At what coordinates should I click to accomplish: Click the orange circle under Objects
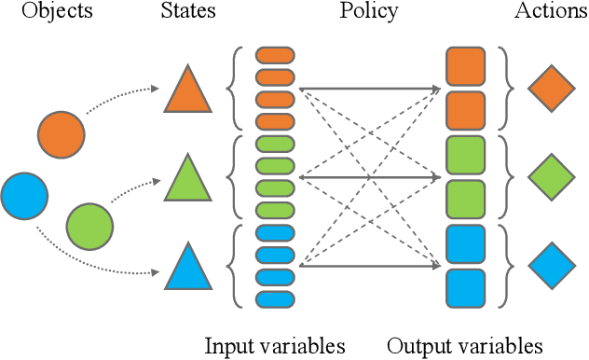62,133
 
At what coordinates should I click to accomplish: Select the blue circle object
24,195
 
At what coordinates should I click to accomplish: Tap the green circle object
89,225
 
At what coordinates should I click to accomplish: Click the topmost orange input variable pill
274,53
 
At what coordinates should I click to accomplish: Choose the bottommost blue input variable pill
274,299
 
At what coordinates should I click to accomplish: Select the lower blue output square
465,288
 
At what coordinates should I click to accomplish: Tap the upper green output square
465,155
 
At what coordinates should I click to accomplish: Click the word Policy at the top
368,12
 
